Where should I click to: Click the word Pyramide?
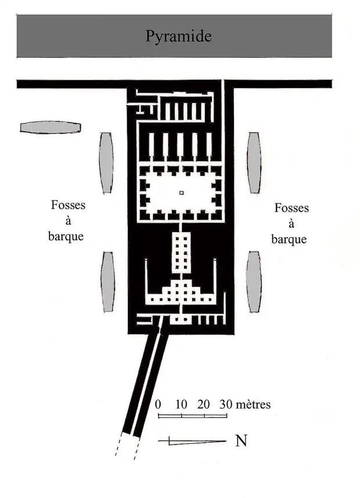(x=178, y=36)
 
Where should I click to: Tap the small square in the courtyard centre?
(x=182, y=192)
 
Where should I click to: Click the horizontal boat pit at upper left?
(x=51, y=127)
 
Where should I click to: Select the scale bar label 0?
(x=158, y=404)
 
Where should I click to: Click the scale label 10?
(x=181, y=404)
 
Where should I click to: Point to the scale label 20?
(x=203, y=404)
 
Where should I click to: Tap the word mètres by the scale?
(x=253, y=404)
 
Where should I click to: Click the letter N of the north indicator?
(x=241, y=440)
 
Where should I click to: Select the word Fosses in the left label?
(x=69, y=205)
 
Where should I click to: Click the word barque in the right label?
(x=289, y=239)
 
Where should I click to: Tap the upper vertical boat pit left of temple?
(x=106, y=163)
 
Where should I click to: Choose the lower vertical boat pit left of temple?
(x=108, y=282)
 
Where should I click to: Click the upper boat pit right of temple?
(x=254, y=163)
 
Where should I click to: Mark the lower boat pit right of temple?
(x=254, y=282)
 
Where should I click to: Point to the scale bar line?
(x=192, y=415)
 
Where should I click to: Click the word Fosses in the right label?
(x=291, y=208)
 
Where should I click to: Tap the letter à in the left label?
(x=68, y=221)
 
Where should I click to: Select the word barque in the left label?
(x=66, y=237)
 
